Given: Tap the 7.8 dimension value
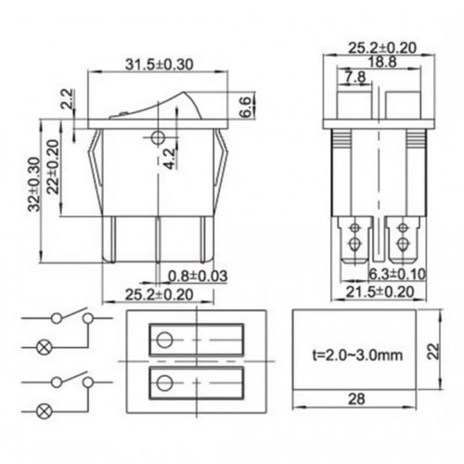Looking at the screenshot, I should pos(354,78).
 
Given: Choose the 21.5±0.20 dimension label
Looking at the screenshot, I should pos(382,292).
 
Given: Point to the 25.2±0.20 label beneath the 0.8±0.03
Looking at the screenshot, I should pos(159,292).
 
